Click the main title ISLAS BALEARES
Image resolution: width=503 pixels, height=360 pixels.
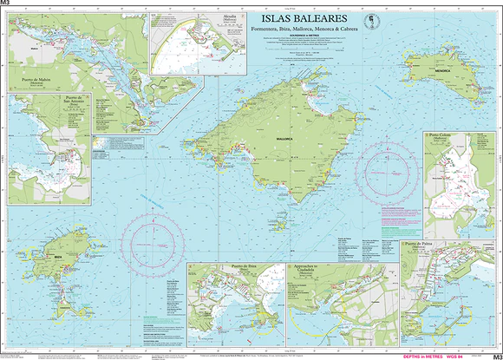tap(298, 18)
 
